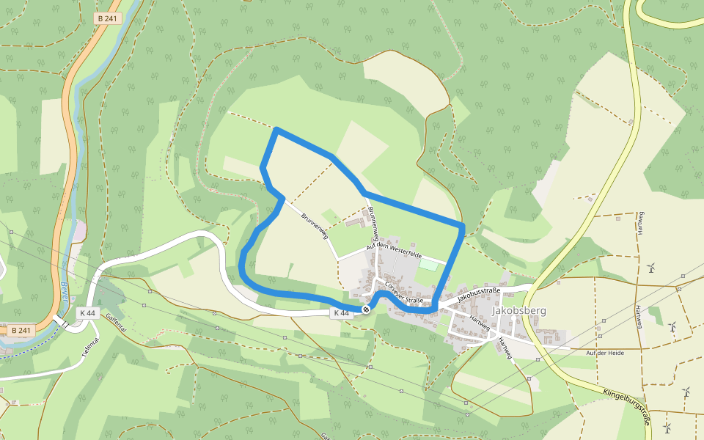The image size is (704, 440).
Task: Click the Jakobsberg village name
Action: [519, 310]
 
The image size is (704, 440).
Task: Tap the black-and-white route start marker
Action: [366, 309]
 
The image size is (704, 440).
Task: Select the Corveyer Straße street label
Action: [404, 292]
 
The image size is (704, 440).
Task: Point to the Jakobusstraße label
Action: [479, 296]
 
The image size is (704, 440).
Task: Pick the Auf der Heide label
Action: [605, 353]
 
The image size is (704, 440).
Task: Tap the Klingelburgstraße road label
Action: [627, 404]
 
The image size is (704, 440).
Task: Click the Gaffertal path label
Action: [117, 323]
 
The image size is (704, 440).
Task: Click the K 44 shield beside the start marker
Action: [341, 313]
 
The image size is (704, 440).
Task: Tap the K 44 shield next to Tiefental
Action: [87, 313]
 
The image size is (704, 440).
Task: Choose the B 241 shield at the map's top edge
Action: [108, 19]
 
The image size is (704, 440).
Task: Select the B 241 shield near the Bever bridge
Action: [23, 330]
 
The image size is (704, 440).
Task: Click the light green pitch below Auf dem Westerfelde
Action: [428, 264]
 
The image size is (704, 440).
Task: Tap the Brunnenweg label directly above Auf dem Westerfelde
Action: [373, 224]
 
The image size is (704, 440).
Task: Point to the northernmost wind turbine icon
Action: [650, 268]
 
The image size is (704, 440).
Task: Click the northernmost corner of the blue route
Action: [276, 131]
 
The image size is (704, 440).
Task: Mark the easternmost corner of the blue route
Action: [463, 225]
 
